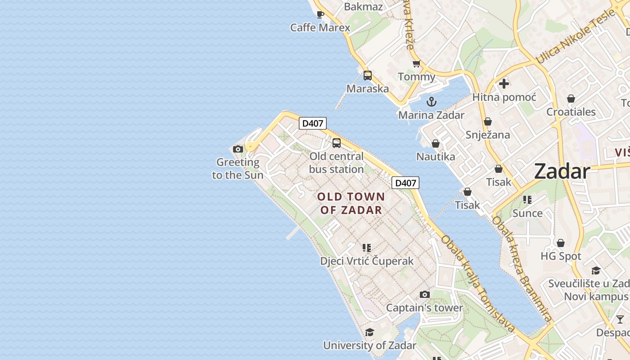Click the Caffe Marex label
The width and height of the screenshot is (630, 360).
(x=320, y=27)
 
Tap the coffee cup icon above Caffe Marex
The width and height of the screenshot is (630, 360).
(x=320, y=14)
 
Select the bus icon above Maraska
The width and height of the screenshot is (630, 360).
(x=368, y=75)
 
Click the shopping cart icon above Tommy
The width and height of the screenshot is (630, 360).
(x=416, y=64)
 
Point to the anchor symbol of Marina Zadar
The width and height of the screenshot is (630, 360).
(x=432, y=102)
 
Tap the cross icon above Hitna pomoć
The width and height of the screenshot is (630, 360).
(x=504, y=84)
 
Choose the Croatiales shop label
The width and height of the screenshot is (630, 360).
(x=571, y=112)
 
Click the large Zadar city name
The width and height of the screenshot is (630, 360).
(x=562, y=171)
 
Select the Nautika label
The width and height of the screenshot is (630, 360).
(x=435, y=157)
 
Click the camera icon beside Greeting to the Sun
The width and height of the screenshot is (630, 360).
(x=238, y=149)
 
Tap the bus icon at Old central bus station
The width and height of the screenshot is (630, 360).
(x=336, y=143)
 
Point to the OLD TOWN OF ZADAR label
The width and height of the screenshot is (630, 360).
(x=351, y=203)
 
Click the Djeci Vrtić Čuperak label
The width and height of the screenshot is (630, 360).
(x=366, y=261)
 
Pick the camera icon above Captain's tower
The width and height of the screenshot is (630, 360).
(x=424, y=295)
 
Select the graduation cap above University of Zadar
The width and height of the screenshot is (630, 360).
(x=369, y=332)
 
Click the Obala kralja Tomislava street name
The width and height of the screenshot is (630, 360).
(x=477, y=284)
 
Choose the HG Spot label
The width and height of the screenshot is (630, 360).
(x=561, y=256)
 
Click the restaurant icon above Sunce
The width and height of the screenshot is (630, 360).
(x=527, y=199)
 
